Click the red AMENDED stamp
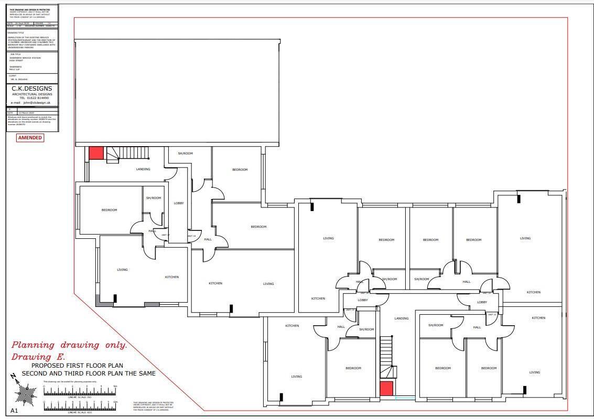[30, 138]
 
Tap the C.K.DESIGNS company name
[32, 89]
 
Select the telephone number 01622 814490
[34, 98]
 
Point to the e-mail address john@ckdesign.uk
[33, 103]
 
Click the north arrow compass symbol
[24, 390]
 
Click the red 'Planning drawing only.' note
[69, 345]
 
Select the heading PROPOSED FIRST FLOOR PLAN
[77, 366]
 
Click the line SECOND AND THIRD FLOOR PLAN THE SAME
[88, 373]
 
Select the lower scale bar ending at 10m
[80, 406]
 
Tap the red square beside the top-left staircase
[96, 153]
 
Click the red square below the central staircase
[386, 389]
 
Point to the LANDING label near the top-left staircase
[143, 169]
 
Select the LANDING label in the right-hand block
[401, 318]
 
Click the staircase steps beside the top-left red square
[128, 153]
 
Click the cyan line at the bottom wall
[405, 399]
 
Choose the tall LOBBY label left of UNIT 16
[179, 203]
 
